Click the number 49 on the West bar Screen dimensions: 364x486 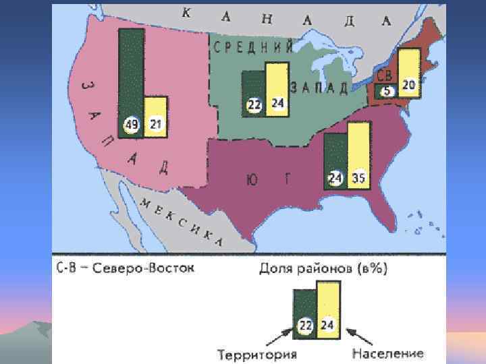coord(132,124)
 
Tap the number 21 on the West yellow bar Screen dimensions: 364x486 coord(155,124)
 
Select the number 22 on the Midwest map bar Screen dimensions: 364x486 coord(254,104)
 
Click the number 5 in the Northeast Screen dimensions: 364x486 coord(387,92)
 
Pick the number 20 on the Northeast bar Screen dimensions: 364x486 coord(408,85)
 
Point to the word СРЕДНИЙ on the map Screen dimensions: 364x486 coord(253,47)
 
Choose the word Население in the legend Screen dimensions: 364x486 coord(387,353)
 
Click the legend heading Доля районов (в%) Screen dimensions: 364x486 coord(323,269)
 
